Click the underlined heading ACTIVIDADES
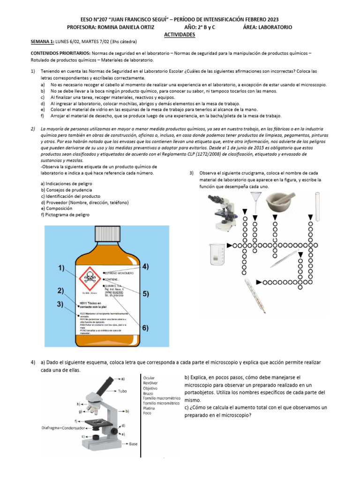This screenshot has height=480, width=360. pyautogui.click(x=180, y=35)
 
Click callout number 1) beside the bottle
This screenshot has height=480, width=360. pyautogui.click(x=65, y=268)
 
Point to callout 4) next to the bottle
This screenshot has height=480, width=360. pyautogui.click(x=146, y=266)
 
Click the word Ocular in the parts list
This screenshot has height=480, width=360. pyautogui.click(x=150, y=377)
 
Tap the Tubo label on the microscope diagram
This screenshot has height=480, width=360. pyautogui.click(x=122, y=390)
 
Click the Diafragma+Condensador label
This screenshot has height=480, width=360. pyautogui.click(x=63, y=428)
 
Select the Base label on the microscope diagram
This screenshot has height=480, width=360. pyautogui.click(x=134, y=443)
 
